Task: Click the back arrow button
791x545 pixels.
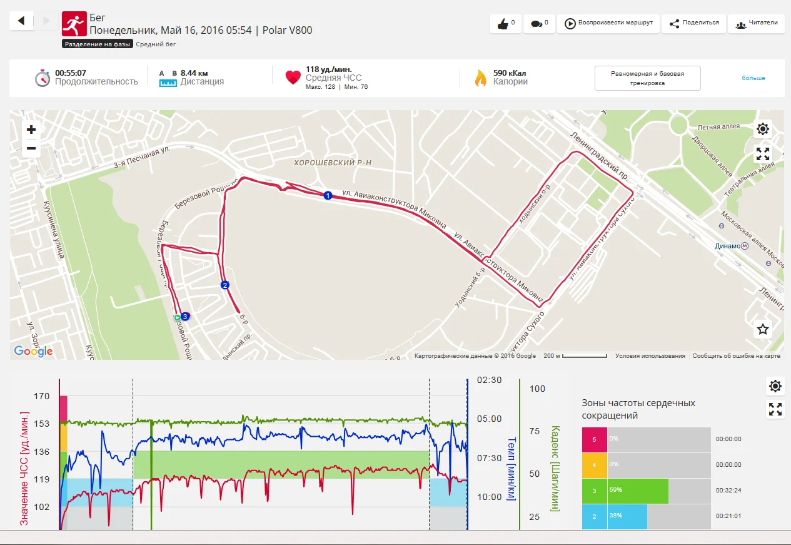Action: (21, 21)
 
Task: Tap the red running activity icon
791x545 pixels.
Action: (74, 23)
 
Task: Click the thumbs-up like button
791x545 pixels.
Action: (506, 24)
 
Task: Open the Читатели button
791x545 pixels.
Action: (757, 24)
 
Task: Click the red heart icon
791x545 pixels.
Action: (293, 78)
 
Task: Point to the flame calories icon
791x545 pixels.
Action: (480, 78)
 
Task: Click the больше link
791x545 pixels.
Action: (753, 78)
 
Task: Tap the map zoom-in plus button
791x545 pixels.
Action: (31, 130)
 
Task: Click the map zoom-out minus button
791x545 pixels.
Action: (31, 149)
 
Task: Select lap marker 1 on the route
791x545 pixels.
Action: (327, 196)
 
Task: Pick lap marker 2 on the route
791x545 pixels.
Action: (225, 285)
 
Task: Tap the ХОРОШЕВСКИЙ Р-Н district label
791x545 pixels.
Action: (333, 163)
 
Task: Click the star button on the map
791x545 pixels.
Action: (762, 329)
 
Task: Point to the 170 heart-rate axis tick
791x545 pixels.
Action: (43, 396)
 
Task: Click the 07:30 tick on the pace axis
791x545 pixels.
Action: (489, 458)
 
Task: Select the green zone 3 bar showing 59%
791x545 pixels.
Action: (637, 491)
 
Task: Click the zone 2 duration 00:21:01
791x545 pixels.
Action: (728, 516)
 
